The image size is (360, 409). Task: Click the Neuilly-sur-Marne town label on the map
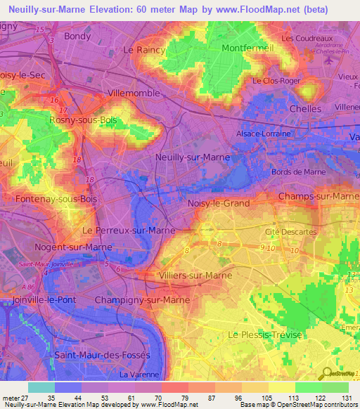click(188, 158)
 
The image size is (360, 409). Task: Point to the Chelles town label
click(306, 109)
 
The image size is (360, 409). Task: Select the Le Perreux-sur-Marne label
click(129, 231)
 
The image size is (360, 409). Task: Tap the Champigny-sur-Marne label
click(148, 300)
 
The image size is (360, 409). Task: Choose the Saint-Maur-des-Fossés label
click(102, 355)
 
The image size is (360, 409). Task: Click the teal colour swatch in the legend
click(41, 387)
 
